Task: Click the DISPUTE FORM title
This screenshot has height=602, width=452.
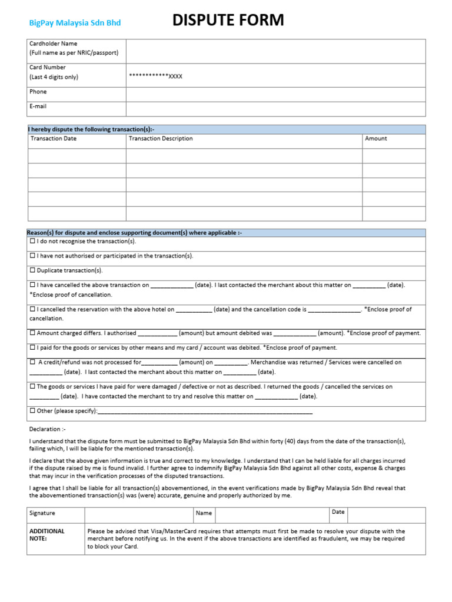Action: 228,21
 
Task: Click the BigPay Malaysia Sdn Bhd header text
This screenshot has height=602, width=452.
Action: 75,23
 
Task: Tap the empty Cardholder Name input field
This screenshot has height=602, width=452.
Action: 275,51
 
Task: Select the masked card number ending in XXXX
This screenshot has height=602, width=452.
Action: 155,76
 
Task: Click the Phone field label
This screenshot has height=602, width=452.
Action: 38,92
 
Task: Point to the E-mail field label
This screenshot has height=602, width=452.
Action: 38,106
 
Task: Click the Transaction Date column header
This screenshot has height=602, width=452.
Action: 54,139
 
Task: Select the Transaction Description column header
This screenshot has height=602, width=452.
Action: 161,139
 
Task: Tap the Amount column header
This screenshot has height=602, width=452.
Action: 376,139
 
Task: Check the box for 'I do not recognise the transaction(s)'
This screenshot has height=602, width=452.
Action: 32,242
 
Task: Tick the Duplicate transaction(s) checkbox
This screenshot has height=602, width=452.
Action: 32,270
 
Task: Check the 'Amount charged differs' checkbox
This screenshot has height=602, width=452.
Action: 32,333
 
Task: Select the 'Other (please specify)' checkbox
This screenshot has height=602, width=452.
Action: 32,411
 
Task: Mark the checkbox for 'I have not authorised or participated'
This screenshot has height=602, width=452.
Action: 32,256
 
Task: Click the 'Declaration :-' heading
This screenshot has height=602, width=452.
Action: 48,429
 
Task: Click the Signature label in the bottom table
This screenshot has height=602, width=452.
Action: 42,513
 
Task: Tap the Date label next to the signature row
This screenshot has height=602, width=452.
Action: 338,512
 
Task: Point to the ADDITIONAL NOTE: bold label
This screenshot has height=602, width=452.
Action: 47,534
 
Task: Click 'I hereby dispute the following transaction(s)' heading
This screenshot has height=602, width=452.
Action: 92,129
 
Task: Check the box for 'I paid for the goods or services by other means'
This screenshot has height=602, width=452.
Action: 32,347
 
